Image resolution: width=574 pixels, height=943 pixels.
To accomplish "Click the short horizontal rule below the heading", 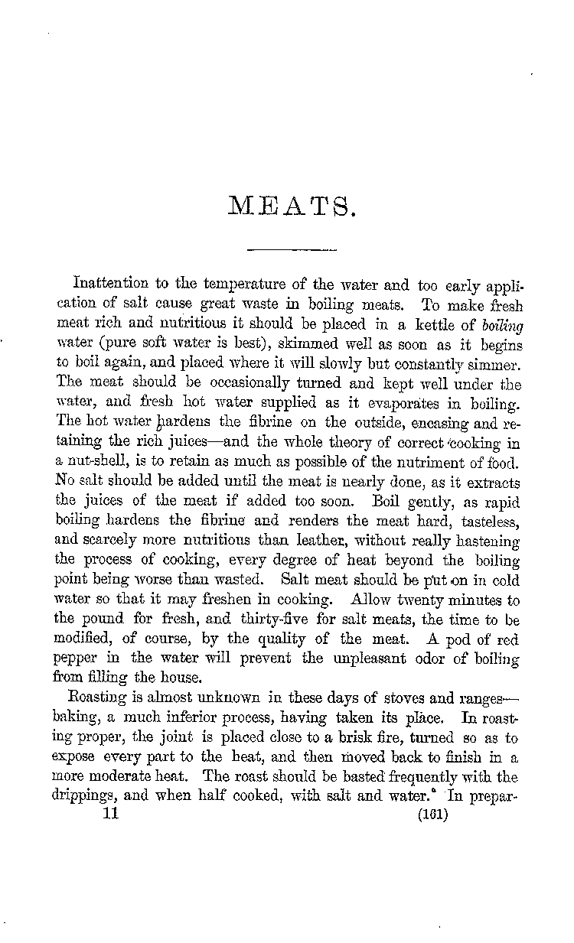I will pos(293,249).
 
